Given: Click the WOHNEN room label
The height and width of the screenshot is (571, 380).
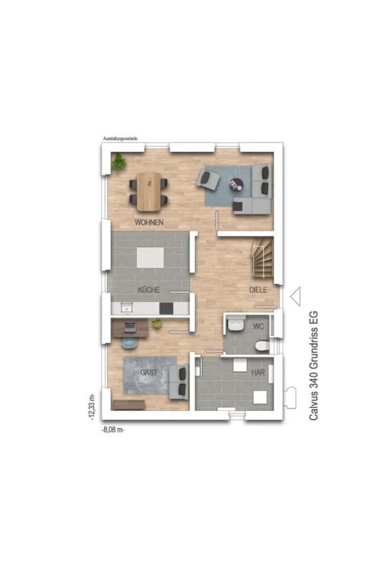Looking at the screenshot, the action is pyautogui.click(x=149, y=222).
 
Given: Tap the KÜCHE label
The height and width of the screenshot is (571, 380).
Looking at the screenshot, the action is pyautogui.click(x=149, y=290).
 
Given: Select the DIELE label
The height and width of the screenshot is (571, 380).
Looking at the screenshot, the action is pyautogui.click(x=258, y=290).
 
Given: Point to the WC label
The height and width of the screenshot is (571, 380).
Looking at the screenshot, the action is pyautogui.click(x=258, y=326).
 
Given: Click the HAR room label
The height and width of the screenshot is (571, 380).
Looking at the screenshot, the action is pyautogui.click(x=258, y=372).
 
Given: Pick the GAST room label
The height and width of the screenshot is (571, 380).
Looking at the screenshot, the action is pyautogui.click(x=149, y=372).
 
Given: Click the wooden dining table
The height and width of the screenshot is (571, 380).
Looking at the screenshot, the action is pyautogui.click(x=148, y=192).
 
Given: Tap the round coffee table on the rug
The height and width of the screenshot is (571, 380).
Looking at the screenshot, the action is pyautogui.click(x=235, y=184).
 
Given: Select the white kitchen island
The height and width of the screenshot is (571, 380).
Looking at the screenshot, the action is pyautogui.click(x=150, y=258).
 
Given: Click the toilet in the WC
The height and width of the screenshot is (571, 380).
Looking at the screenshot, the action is pyautogui.click(x=262, y=346).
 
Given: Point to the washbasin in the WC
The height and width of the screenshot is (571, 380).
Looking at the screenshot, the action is pyautogui.click(x=235, y=324).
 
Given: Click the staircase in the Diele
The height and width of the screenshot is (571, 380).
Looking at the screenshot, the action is pyautogui.click(x=262, y=258).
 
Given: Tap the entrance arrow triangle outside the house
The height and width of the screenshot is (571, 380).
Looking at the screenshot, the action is pyautogui.click(x=296, y=296).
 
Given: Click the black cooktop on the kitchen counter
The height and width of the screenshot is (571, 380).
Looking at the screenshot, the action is pyautogui.click(x=166, y=308).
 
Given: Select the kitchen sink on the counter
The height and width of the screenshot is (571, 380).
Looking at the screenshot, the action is pyautogui.click(x=126, y=308).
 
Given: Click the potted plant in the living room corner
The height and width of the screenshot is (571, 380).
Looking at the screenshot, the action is pyautogui.click(x=118, y=162).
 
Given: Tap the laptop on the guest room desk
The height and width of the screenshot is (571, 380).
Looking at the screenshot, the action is pyautogui.click(x=129, y=327).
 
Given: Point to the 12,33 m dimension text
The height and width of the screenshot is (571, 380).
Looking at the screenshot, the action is pyautogui.click(x=92, y=407).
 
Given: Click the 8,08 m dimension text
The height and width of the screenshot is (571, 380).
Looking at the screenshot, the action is pyautogui.click(x=113, y=430).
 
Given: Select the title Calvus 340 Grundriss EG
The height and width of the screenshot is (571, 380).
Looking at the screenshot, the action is pyautogui.click(x=313, y=365).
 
